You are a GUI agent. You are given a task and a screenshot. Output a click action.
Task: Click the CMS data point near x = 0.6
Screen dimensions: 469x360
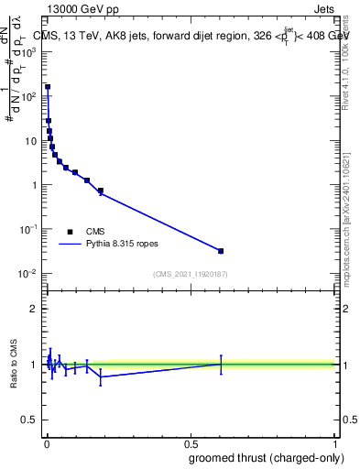pos(221,251)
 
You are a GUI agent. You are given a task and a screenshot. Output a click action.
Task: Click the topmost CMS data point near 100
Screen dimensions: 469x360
pos(48,87)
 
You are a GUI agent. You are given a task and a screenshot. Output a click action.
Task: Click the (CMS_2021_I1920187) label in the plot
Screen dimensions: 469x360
pos(190,274)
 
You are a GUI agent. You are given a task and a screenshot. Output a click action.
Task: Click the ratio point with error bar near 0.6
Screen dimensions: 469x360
pos(221,364)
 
